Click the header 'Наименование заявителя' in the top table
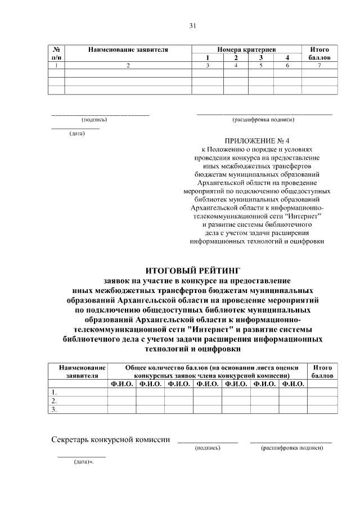tap(128, 50)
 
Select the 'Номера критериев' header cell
tap(246, 50)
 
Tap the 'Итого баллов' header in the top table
tap(319, 53)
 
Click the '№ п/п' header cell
tap(57, 53)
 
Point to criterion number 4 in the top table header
tap(287, 58)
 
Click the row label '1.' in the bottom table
tap(54, 392)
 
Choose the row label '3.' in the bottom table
tap(54, 409)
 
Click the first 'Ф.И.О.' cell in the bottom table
tap(121, 384)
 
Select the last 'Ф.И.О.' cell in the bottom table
tap(293, 384)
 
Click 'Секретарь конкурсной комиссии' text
tap(111, 439)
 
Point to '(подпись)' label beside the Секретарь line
tap(208, 448)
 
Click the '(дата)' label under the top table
tap(77, 134)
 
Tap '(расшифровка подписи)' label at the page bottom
tap(292, 448)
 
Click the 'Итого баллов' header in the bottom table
tap(323, 371)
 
